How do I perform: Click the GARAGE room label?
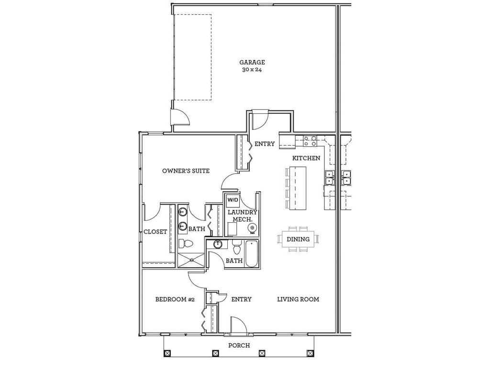tap(252, 62)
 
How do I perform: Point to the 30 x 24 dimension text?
tap(252, 70)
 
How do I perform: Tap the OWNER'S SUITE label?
tap(186, 171)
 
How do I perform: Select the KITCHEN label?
tap(306, 158)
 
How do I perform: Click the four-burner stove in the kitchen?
tap(310, 140)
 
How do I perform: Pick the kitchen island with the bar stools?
tap(298, 187)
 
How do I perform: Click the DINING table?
tap(298, 239)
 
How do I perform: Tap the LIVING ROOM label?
tap(298, 300)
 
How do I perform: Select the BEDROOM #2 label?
tap(175, 300)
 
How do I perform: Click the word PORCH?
tap(238, 345)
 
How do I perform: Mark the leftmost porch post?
tap(167, 354)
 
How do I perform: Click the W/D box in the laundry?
tap(233, 200)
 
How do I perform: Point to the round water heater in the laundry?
tap(252, 229)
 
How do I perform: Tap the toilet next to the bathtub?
tap(236, 249)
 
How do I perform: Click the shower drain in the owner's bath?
tap(191, 260)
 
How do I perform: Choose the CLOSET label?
tap(156, 232)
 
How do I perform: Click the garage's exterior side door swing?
tap(181, 117)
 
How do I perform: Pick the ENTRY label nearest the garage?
tap(265, 144)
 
